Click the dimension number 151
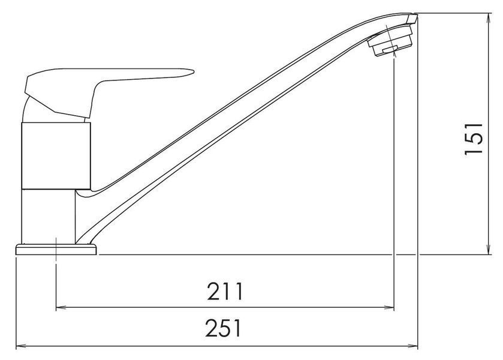pos(474,139)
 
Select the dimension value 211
pos(225,291)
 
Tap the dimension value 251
pos(223,328)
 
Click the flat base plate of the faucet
pos(56,250)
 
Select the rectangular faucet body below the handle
pos(56,156)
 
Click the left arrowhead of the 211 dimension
pos(61,308)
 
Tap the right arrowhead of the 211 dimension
pos(389,308)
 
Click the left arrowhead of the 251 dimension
pos(21,346)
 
